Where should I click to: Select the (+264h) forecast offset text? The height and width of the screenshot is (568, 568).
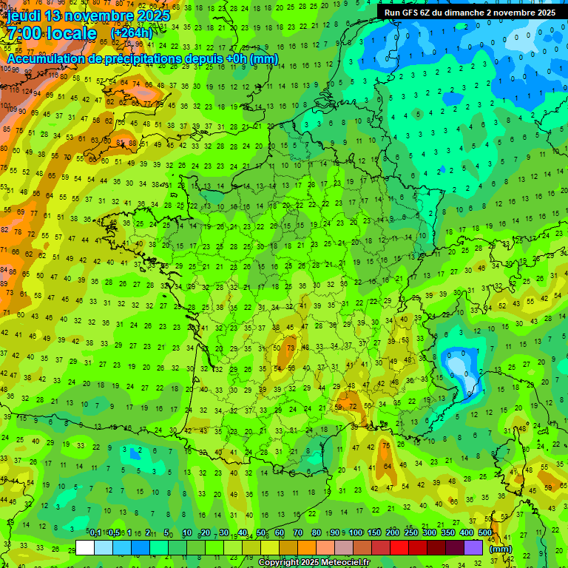click(x=132, y=33)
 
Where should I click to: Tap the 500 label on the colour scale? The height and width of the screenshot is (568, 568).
click(x=485, y=533)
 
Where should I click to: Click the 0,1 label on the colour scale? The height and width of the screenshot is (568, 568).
click(x=95, y=533)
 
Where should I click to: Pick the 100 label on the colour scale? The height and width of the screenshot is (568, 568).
click(x=355, y=533)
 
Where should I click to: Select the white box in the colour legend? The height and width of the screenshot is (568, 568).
click(x=85, y=547)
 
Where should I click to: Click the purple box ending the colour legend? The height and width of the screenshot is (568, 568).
click(x=473, y=547)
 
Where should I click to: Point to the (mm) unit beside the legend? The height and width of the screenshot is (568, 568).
click(x=501, y=549)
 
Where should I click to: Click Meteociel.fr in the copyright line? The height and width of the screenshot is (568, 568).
click(x=341, y=563)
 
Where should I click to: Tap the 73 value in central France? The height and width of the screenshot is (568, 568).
click(x=291, y=347)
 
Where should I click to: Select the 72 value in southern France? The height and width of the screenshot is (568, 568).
click(x=353, y=406)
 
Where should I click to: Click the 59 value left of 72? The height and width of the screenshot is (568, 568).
click(x=339, y=406)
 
